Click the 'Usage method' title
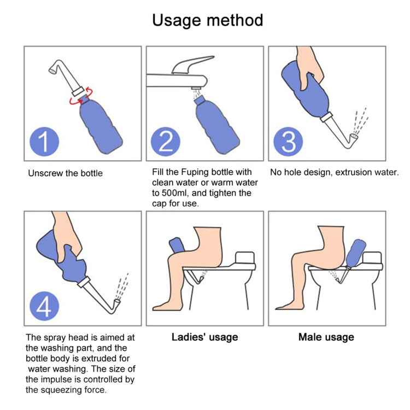207,20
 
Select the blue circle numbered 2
165,142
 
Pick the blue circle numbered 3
288,142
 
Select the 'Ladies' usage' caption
205,337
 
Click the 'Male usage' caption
326,337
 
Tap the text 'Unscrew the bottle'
65,173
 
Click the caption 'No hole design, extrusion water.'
335,172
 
